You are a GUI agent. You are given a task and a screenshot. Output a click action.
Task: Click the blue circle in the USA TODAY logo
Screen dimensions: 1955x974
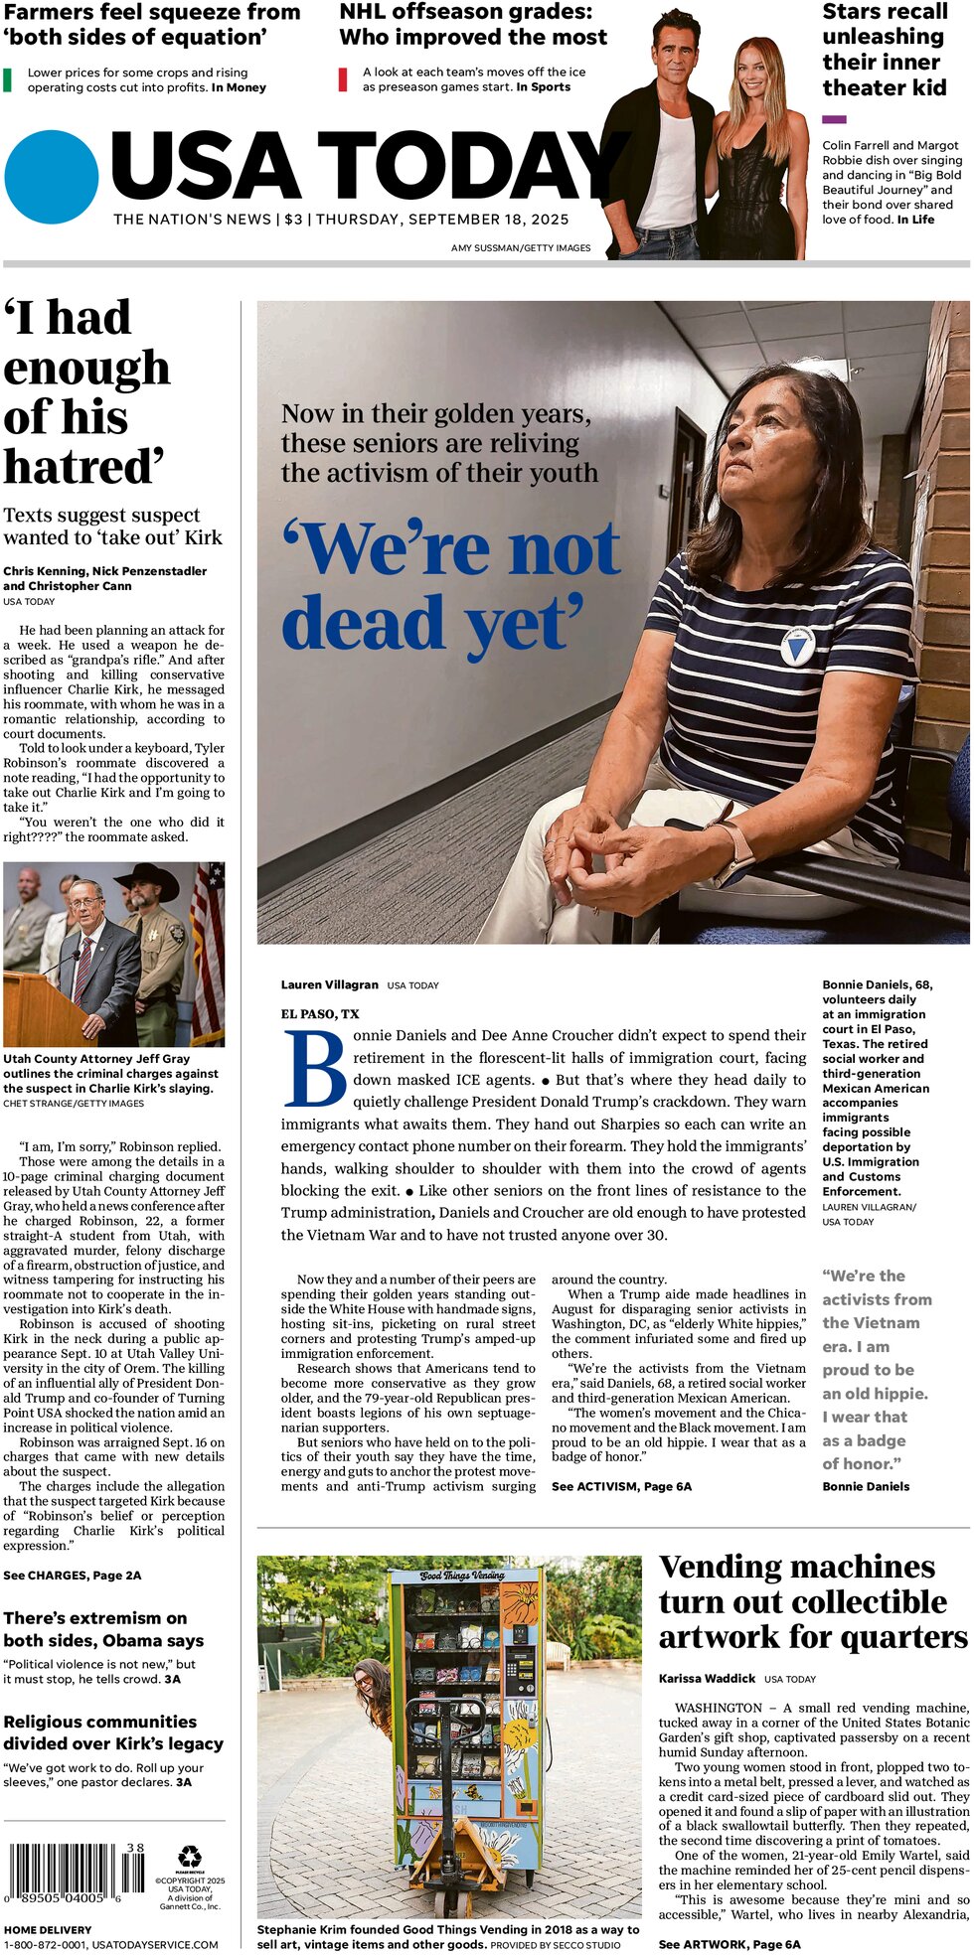coord(52,177)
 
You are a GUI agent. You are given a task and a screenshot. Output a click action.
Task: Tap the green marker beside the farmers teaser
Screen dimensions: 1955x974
coord(8,79)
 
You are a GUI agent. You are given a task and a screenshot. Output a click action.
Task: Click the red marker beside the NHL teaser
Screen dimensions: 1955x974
coord(343,79)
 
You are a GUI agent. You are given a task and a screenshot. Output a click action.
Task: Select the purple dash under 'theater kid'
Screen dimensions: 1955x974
coord(834,119)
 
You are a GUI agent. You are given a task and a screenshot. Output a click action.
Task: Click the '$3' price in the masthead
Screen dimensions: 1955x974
coord(293,220)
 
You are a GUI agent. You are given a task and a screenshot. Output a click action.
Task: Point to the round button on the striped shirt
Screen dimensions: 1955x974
coord(796,647)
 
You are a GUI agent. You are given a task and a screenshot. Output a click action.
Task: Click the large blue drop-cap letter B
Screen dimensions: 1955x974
coord(315,1069)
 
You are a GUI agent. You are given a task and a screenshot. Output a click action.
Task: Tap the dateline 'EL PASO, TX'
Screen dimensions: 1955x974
coord(320,1014)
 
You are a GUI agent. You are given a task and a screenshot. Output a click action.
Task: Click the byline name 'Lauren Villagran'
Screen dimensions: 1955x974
coord(329,984)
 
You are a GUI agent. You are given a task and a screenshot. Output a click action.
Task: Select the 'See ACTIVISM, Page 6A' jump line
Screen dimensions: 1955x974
coord(621,1486)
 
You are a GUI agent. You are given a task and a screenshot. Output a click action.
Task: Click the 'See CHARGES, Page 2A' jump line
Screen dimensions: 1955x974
coord(72,1575)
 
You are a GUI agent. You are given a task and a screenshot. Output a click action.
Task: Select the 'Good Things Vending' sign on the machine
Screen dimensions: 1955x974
coord(462,1576)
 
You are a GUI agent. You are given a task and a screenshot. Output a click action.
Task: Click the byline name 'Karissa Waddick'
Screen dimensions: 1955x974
coord(707,1678)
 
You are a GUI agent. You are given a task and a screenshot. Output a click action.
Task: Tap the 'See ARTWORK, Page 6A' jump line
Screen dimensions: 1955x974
coord(729,1944)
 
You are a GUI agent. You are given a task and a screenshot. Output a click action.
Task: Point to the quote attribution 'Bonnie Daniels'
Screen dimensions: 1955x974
coord(865,1486)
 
